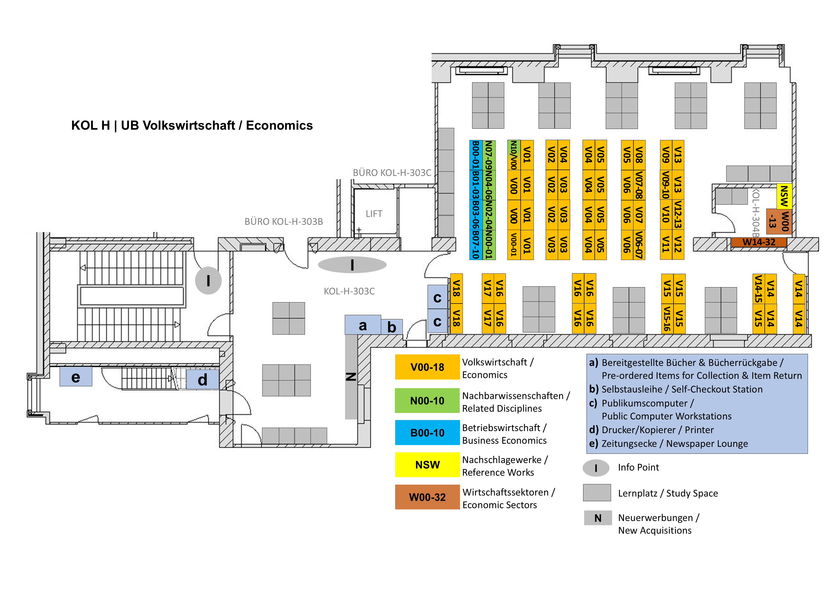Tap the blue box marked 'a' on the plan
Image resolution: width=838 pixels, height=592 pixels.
click(x=362, y=325)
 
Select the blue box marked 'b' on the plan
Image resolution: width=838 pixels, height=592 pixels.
click(x=392, y=327)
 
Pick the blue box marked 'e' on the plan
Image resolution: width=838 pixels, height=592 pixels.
click(x=76, y=377)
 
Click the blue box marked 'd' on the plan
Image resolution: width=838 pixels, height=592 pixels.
click(x=202, y=380)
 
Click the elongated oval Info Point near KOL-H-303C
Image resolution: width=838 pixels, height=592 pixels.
click(x=352, y=265)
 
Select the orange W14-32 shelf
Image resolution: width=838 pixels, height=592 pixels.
click(x=759, y=242)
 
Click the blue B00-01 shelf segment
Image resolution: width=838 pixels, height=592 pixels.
click(x=475, y=155)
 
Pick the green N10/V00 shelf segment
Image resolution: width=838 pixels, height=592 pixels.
click(x=514, y=155)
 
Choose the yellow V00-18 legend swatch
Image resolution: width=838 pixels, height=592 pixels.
click(x=427, y=367)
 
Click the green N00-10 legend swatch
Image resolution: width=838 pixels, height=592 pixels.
click(x=427, y=401)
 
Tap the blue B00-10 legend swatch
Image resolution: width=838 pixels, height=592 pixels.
click(x=427, y=433)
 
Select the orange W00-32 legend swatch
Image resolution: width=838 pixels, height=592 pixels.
click(x=427, y=497)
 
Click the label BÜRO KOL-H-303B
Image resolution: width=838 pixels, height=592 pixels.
click(x=284, y=222)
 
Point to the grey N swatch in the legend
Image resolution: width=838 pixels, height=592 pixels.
click(x=598, y=518)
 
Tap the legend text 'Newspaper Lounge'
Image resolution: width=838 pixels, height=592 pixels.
click(x=707, y=444)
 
